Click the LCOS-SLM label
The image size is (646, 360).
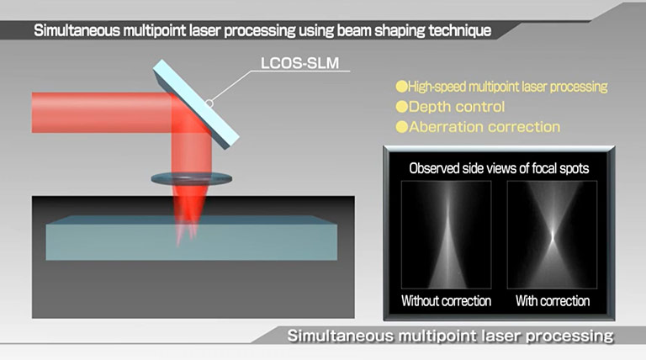(x=299, y=63)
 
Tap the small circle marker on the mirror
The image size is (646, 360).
(x=209, y=103)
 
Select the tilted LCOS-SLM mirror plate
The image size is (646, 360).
(x=196, y=104)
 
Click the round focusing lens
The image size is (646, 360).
(x=191, y=179)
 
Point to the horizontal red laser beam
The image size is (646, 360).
(x=103, y=113)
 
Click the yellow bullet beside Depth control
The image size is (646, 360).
(x=402, y=107)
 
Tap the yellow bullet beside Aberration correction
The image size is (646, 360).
(x=402, y=127)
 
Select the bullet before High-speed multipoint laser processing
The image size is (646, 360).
(x=402, y=87)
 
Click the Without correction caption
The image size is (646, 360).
(x=446, y=301)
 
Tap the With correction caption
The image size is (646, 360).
(x=553, y=301)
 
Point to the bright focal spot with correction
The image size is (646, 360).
(x=553, y=236)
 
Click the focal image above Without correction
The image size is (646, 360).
(x=446, y=235)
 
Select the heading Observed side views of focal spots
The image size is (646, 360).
(x=499, y=168)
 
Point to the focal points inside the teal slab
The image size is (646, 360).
(x=186, y=234)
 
